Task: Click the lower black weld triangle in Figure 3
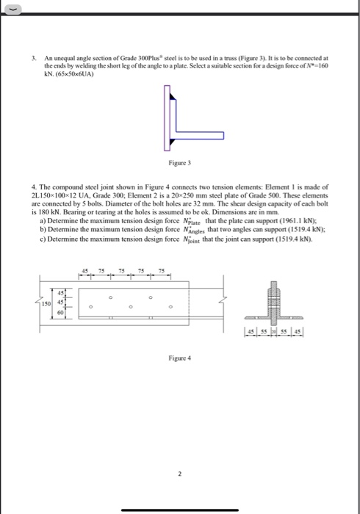point(168,144)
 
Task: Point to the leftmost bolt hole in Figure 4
point(91,306)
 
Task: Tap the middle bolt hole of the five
point(131,306)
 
